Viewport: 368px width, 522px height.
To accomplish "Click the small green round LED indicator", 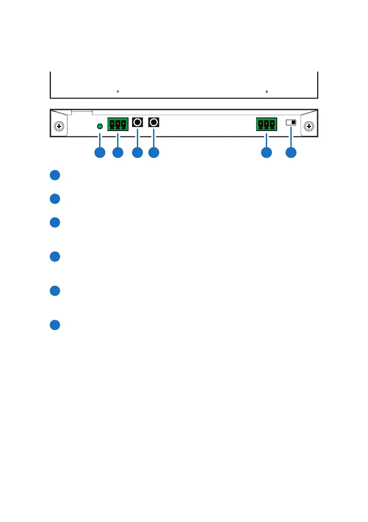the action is tap(100, 126).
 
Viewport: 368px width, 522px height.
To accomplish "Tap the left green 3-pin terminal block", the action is tap(118, 124).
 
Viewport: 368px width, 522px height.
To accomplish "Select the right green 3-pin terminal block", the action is tap(266, 124).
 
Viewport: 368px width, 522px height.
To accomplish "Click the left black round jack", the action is tap(138, 122).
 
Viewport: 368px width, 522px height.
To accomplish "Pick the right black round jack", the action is tap(154, 122).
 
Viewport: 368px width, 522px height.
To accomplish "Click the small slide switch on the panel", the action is tap(291, 123).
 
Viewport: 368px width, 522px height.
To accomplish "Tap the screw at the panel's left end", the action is tap(59, 127).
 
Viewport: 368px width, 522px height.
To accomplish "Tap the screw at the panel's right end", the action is tap(309, 127).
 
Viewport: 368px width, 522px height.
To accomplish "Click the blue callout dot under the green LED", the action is tap(100, 153).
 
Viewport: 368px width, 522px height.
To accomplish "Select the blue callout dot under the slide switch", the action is tap(291, 153).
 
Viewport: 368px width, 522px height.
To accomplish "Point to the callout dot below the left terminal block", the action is tap(118, 153).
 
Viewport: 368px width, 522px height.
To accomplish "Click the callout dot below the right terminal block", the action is tap(266, 153).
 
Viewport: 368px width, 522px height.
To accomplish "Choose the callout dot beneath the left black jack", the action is tap(138, 153).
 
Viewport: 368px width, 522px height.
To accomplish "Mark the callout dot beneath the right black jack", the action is tap(154, 153).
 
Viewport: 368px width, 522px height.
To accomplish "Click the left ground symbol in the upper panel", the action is tap(118, 92).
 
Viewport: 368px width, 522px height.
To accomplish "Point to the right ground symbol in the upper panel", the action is tap(267, 92).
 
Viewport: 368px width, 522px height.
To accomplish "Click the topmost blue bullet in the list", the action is tap(54, 175).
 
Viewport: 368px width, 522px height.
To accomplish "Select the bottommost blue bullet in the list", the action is tap(54, 325).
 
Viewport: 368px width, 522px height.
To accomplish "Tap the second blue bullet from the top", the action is tap(54, 199).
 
